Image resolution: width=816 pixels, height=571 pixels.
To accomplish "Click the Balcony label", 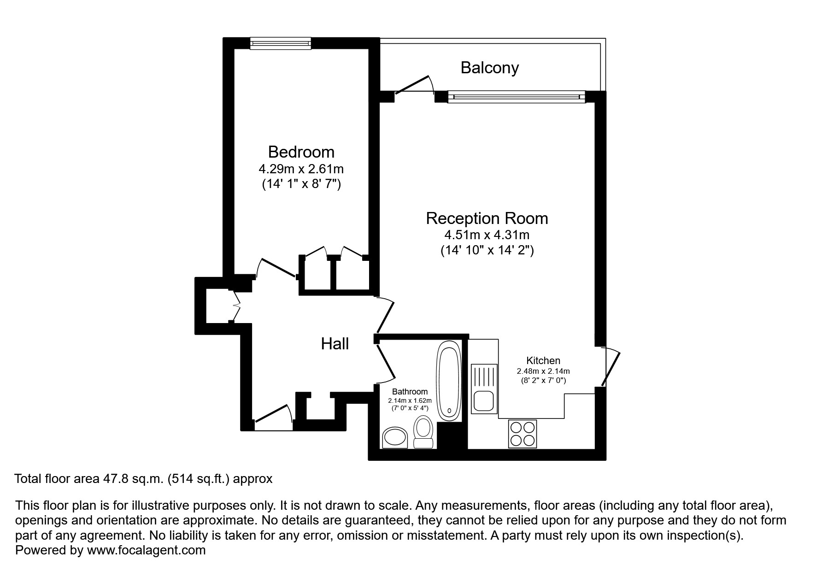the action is [489, 68].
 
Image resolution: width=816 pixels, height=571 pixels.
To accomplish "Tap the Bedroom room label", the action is [301, 152].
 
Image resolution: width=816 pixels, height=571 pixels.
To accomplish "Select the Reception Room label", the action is [487, 218].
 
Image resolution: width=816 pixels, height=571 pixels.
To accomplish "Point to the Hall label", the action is [335, 344].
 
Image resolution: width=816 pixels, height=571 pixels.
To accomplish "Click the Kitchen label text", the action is [543, 361].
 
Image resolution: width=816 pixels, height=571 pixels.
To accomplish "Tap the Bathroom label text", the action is [410, 392].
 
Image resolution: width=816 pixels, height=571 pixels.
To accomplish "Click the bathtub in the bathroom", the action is [449, 380].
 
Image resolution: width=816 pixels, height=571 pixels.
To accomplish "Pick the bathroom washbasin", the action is [395, 437].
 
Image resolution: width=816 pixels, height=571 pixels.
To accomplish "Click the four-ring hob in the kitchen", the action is [522, 434].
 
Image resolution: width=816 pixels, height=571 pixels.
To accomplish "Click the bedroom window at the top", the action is [280, 43].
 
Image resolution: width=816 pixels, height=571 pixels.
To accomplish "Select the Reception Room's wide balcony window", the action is [516, 97].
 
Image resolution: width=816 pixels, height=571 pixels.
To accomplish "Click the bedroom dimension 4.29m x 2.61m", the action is [301, 169].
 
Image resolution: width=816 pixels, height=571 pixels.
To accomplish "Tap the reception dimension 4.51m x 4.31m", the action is [487, 235].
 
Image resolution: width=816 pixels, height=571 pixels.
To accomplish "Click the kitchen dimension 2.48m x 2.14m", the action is [543, 371].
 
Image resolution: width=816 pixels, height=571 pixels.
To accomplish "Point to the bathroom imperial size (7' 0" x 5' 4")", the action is [410, 408].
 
